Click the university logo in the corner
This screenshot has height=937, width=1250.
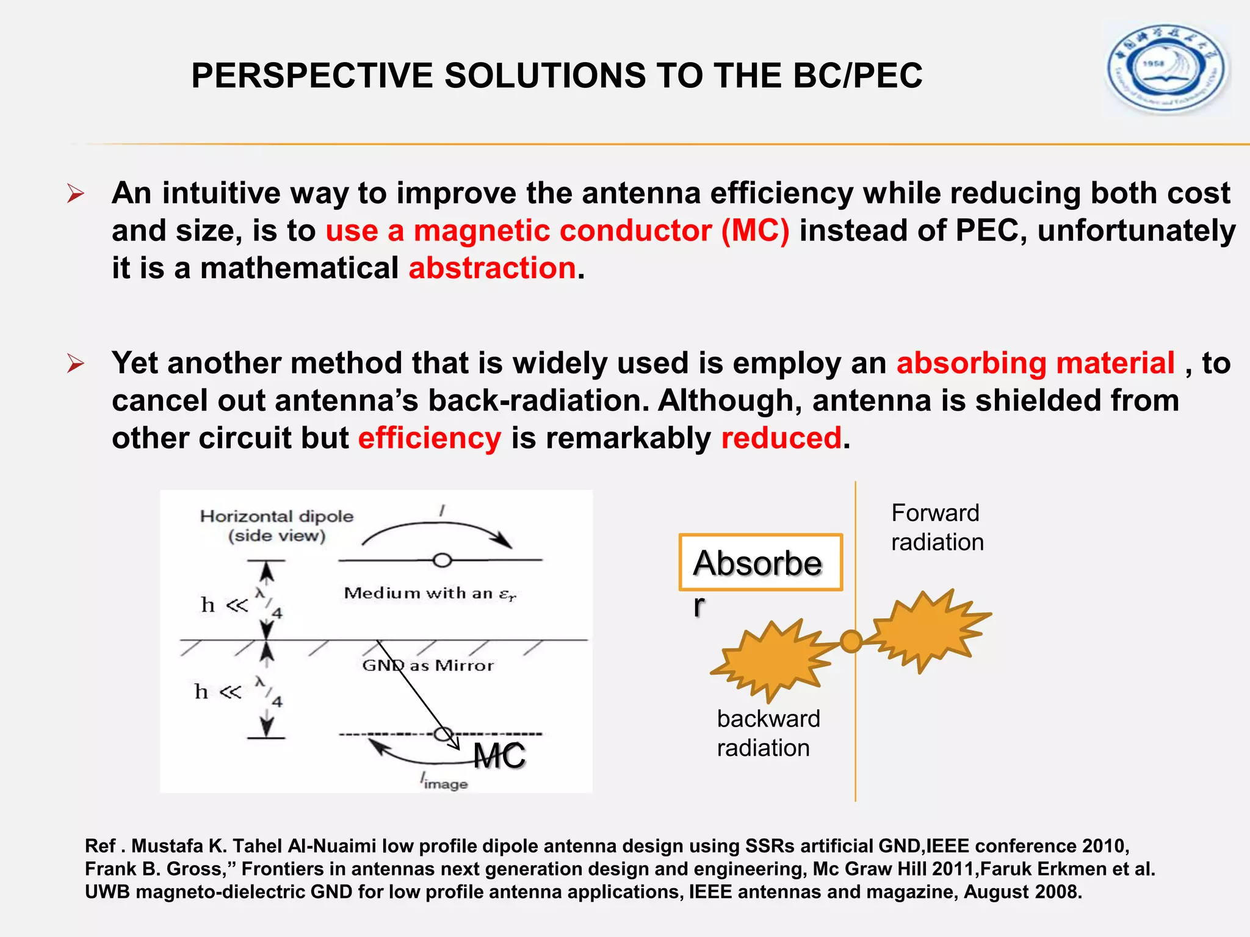1167,68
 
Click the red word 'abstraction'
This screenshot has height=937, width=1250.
492,268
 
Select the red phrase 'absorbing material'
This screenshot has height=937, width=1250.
1035,363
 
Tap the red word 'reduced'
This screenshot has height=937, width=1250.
781,438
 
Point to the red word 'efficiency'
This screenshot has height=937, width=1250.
430,438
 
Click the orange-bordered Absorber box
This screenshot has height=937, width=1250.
760,562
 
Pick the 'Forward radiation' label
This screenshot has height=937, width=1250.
937,528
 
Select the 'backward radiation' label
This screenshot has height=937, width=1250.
768,733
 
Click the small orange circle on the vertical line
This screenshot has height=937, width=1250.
851,641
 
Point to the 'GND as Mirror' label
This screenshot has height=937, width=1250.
428,666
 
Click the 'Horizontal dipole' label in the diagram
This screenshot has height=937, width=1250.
276,517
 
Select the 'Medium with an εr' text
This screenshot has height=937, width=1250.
430,594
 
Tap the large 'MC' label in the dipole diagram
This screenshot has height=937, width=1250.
499,756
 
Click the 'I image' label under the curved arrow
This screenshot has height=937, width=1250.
444,782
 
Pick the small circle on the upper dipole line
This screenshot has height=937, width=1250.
442,560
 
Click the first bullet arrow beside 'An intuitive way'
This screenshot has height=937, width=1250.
76,194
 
